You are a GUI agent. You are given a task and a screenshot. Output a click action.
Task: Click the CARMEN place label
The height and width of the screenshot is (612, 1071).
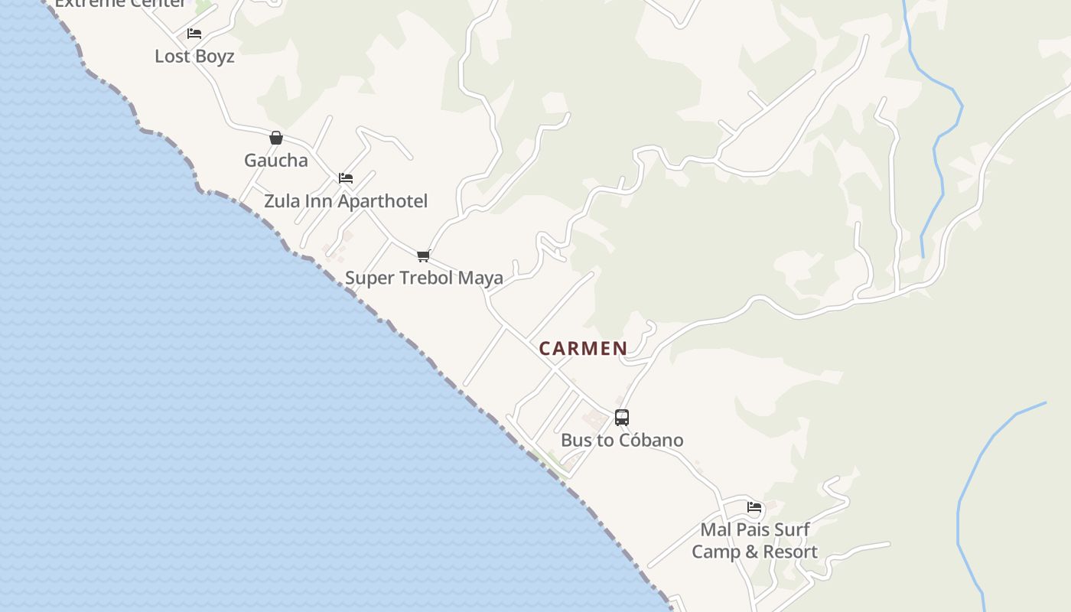click(583, 349)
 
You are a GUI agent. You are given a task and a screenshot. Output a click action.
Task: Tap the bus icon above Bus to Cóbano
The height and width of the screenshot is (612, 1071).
click(622, 418)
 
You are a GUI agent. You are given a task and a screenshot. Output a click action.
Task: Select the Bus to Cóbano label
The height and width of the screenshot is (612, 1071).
click(622, 440)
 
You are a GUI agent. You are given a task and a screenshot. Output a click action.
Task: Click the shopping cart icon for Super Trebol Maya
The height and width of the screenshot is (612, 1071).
click(423, 256)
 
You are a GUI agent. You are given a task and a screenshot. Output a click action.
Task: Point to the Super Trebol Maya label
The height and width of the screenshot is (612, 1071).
click(424, 278)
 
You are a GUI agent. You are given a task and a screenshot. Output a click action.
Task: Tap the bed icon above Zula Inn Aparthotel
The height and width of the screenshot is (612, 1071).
click(346, 178)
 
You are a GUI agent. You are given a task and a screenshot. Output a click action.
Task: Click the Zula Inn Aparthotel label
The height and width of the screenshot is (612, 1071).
click(346, 201)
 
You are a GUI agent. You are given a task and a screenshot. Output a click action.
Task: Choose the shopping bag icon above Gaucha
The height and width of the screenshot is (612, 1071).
click(276, 138)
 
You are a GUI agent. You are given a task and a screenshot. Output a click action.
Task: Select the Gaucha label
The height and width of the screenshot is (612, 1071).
click(276, 161)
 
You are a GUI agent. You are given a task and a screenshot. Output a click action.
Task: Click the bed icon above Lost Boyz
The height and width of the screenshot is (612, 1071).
click(194, 34)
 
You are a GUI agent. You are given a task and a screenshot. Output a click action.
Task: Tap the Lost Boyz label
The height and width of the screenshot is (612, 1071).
click(194, 57)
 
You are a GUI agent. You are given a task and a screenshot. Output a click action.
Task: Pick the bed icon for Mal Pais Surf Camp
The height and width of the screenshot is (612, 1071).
click(754, 507)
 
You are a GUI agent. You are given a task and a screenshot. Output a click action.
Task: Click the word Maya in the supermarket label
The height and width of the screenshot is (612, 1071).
click(480, 278)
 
